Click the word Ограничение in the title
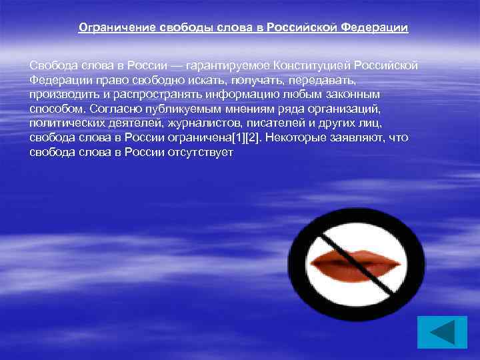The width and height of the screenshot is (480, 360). pos(117,28)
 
